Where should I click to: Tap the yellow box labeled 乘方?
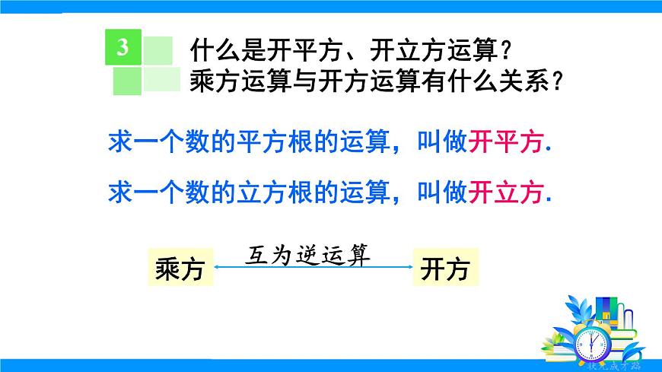[x=180, y=269]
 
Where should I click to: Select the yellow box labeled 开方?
[x=445, y=269]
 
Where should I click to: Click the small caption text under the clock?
[x=613, y=364]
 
